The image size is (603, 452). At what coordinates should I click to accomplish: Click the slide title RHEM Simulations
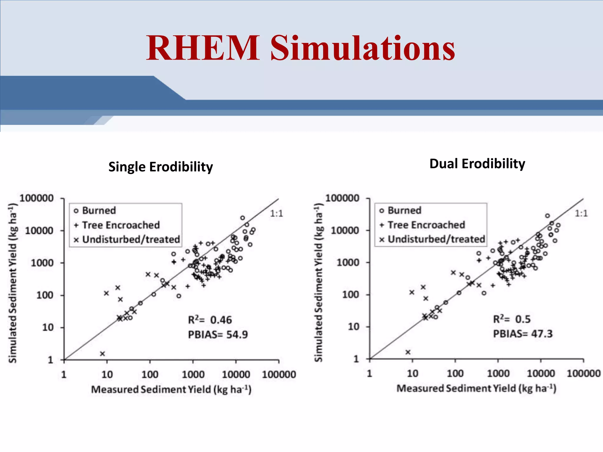(300, 48)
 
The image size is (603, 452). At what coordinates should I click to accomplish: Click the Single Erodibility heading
(160, 167)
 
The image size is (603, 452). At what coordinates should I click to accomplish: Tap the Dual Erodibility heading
(477, 164)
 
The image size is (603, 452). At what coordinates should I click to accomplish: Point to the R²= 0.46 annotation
(210, 320)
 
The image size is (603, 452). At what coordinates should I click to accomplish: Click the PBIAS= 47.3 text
(523, 334)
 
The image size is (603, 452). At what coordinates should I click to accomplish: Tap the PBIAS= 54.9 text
(218, 335)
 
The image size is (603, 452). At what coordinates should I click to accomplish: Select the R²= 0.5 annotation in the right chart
(512, 319)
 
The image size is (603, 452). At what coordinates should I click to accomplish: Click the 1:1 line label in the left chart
(276, 214)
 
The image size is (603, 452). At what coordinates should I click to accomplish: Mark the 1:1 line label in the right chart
(581, 214)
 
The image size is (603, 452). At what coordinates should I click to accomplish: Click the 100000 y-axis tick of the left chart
(37, 198)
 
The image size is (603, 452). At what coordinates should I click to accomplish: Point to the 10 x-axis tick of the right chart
(413, 374)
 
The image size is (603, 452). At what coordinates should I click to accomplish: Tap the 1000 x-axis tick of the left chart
(193, 375)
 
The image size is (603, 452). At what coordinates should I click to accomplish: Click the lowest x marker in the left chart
(102, 354)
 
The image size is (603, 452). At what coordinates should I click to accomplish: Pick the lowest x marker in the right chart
(408, 352)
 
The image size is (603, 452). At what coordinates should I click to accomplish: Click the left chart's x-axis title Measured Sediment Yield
(171, 390)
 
